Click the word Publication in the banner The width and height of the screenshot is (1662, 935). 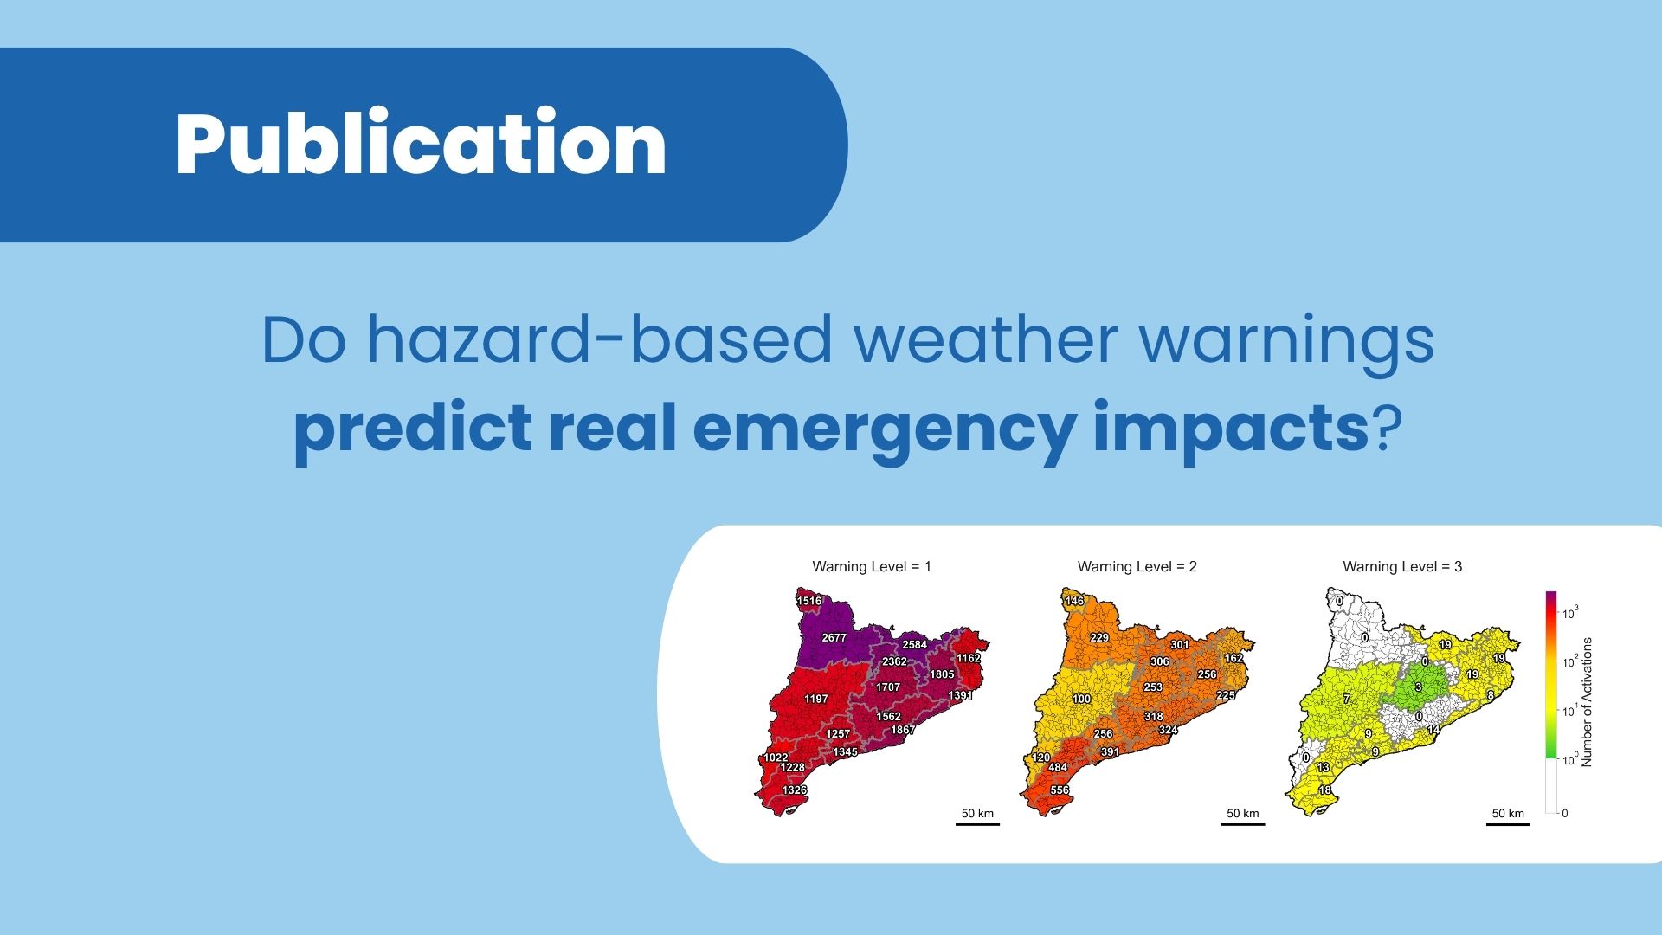pos(422,145)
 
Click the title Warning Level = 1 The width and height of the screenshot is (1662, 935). pos(872,566)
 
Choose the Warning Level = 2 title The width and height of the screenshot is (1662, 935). pos(1137,566)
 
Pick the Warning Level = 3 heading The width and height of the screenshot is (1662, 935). pos(1402,566)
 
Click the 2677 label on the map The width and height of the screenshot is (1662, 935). pos(834,638)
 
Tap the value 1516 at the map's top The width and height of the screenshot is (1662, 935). pos(809,601)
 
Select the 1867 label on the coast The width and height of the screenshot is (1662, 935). pos(903,730)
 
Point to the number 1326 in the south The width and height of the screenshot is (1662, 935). pos(795,790)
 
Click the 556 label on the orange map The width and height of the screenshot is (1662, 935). pos(1060,790)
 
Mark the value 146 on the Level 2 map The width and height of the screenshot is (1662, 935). pos(1074,601)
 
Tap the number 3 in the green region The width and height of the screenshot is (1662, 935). pos(1418,687)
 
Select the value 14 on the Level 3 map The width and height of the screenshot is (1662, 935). pos(1433,730)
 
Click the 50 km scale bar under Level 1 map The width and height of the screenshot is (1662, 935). pos(977,824)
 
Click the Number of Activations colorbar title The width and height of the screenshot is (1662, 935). pos(1587,702)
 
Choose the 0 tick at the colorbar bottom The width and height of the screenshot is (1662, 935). pos(1565,813)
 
